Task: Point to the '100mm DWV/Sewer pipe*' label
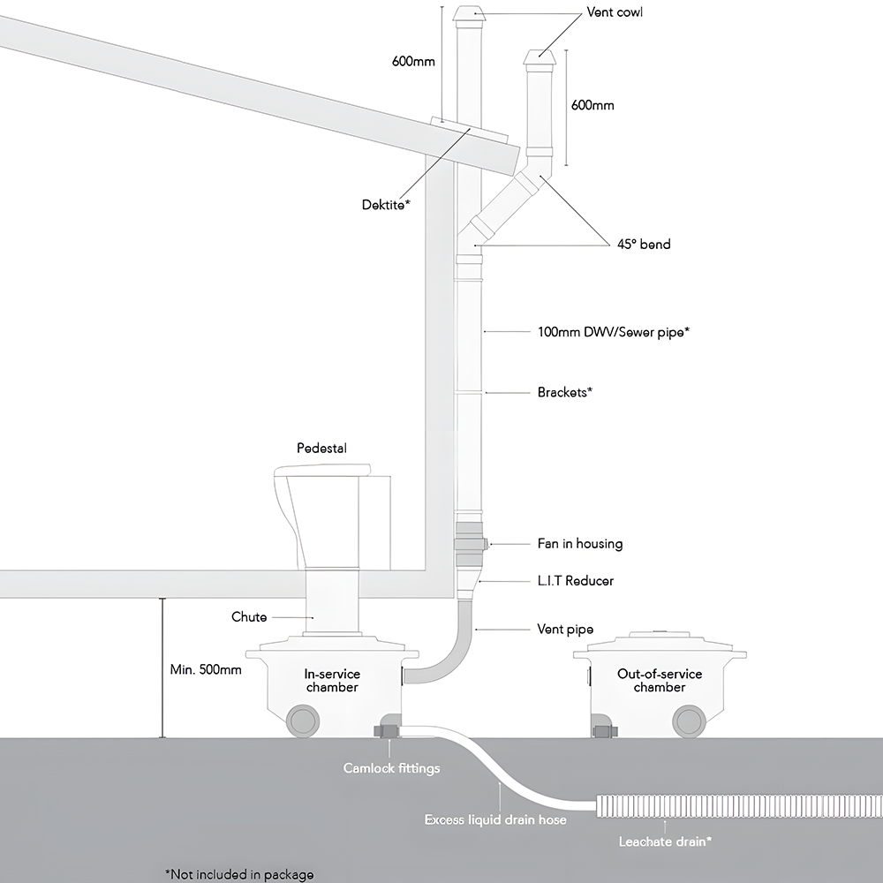[x=613, y=332]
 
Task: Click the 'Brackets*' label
[x=564, y=392]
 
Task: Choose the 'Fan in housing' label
[x=580, y=544]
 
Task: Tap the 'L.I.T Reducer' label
[x=575, y=581]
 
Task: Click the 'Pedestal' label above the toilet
[x=321, y=449]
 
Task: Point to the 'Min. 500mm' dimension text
[x=205, y=669]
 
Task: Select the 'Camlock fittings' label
[x=391, y=768]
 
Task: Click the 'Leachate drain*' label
[x=666, y=841]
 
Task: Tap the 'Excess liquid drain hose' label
[x=495, y=820]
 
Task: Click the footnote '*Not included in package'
[x=238, y=874]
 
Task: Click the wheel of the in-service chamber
[x=301, y=719]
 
